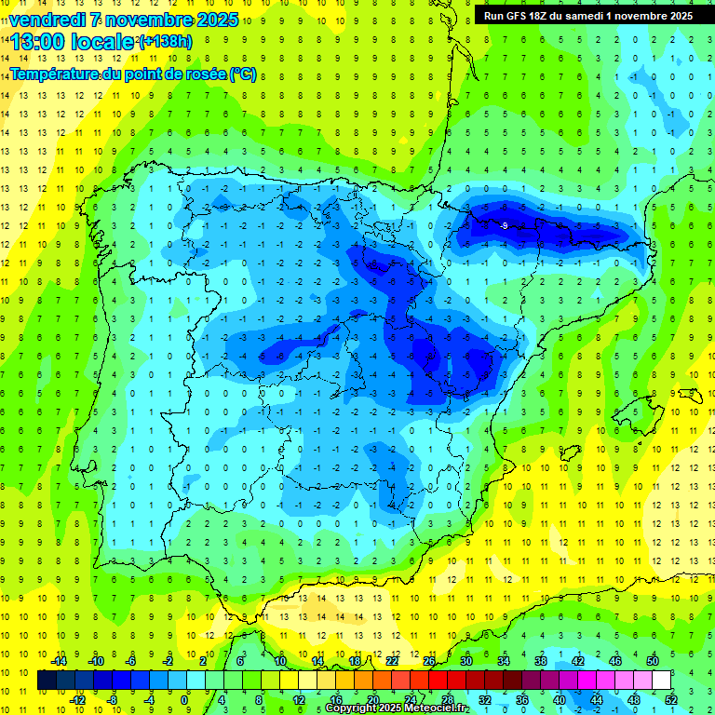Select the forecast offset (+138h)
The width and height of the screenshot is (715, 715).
165,41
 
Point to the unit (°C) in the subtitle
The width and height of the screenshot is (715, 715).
243,74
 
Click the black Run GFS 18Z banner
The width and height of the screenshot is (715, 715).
587,15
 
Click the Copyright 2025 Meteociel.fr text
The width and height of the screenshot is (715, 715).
397,708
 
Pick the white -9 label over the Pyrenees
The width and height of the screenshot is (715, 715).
503,226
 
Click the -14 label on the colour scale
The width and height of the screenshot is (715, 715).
59,660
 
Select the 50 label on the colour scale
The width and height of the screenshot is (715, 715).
652,660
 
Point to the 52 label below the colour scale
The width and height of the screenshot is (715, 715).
670,700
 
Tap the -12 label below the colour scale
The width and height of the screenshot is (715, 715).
77,700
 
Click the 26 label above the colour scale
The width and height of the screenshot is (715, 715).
428,660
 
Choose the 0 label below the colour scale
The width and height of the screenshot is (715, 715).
185,700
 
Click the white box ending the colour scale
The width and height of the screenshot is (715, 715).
661,681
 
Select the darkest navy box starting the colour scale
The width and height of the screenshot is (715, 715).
47,681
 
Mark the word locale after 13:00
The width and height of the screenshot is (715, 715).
102,41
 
